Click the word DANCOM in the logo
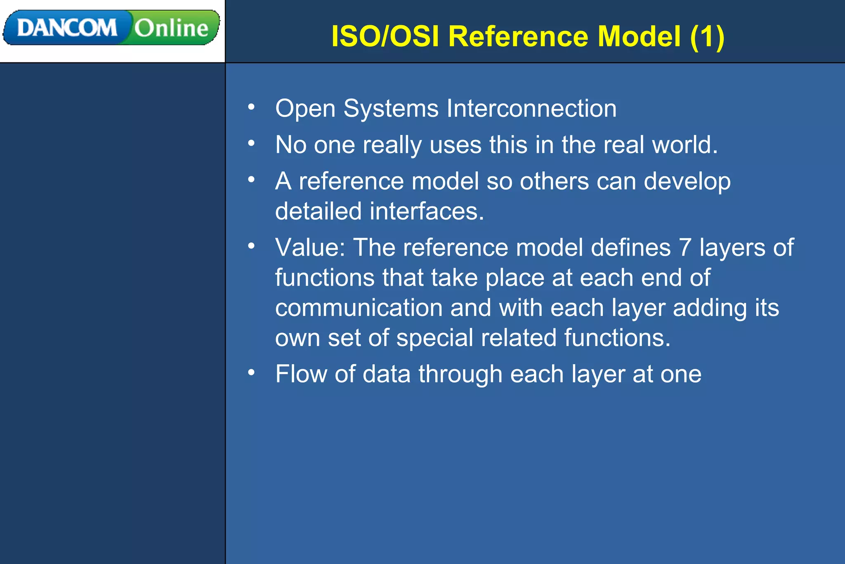(67, 28)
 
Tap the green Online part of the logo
(171, 28)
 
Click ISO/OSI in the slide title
(385, 36)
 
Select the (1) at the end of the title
(707, 36)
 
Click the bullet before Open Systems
(251, 107)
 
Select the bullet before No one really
(251, 144)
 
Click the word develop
(687, 182)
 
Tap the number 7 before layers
(685, 248)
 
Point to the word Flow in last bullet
(301, 374)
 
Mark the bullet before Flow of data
(251, 373)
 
